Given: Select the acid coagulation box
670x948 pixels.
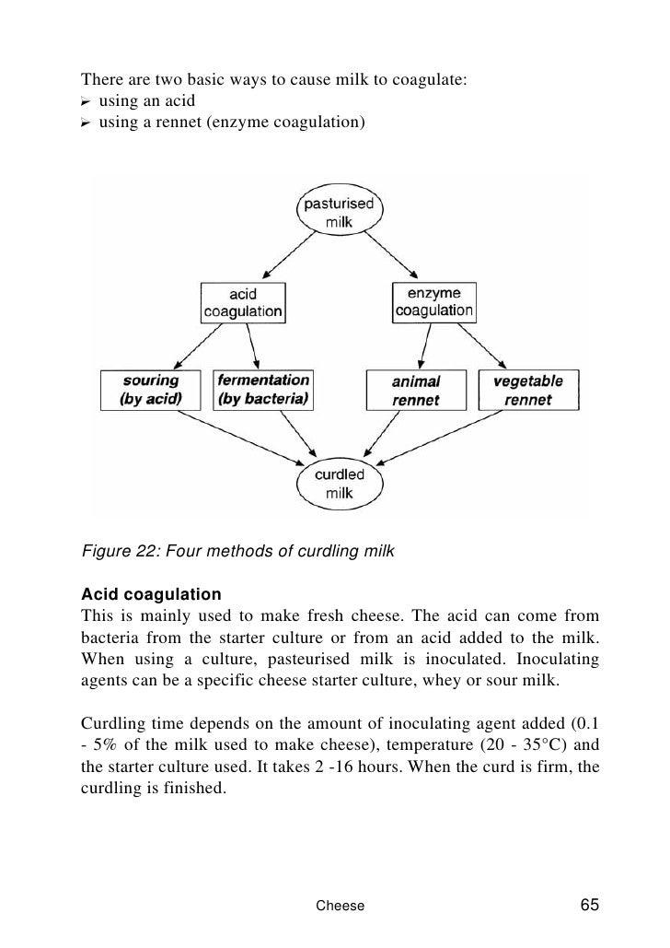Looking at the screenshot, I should (x=243, y=302).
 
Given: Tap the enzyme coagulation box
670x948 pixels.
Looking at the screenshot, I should (x=433, y=301).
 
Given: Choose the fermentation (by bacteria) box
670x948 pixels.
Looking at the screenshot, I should (x=263, y=390).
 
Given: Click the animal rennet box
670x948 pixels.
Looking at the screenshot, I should (x=417, y=391).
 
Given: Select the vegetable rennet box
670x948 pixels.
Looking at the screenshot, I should (x=527, y=390).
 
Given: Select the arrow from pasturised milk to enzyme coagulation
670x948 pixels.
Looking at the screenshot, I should (x=390, y=255).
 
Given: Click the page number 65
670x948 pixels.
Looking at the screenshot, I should (x=590, y=904).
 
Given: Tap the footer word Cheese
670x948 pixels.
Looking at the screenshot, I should (x=340, y=906).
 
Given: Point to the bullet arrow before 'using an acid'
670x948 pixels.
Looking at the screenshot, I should (x=87, y=100).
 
